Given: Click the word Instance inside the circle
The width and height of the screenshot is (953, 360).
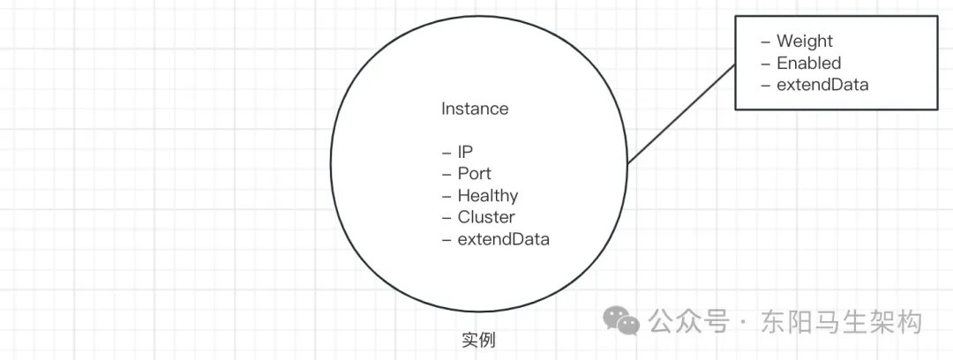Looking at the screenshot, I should click(475, 109).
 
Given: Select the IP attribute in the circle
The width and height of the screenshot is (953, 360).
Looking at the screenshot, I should click(465, 152).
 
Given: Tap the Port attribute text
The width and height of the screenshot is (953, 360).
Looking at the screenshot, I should click(474, 174).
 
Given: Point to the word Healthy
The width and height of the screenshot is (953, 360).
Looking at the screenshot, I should click(487, 196).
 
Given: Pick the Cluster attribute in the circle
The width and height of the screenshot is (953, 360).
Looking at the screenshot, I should click(485, 217).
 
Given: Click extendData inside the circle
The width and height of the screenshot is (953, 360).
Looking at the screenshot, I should click(503, 239).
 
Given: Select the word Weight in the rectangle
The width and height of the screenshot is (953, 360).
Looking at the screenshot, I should click(804, 41).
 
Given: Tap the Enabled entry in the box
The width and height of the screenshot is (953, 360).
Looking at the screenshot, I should click(808, 64).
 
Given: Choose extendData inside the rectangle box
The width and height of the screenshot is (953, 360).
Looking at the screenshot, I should click(822, 86).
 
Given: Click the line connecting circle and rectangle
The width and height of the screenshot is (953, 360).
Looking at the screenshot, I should click(681, 115).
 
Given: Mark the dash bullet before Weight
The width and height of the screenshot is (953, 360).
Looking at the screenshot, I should click(765, 42).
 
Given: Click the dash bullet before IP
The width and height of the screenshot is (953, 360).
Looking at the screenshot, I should click(446, 153).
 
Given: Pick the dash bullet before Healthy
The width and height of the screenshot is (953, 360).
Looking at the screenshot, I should click(446, 197).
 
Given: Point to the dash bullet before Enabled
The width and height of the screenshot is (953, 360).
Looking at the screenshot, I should click(765, 64).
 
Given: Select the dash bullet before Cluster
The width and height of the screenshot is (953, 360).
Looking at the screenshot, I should click(446, 218).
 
